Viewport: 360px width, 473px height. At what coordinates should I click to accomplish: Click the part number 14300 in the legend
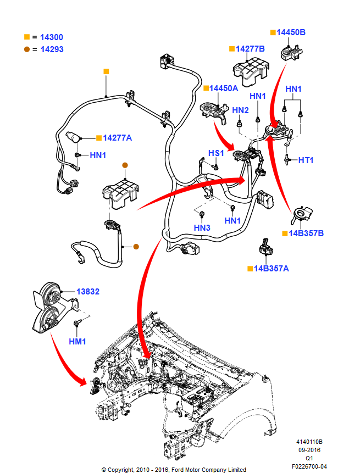[x=52, y=37]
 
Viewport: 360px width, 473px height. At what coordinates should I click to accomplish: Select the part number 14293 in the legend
[x=52, y=49]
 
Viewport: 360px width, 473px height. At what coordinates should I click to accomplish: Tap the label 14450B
[x=291, y=32]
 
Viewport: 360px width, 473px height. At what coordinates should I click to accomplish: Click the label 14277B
[x=250, y=49]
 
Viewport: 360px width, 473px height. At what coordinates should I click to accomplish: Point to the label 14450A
[x=224, y=88]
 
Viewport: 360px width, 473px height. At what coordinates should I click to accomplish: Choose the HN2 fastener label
[x=240, y=110]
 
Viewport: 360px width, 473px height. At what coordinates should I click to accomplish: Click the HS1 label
[x=216, y=153]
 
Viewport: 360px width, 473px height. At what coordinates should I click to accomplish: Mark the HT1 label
[x=306, y=160]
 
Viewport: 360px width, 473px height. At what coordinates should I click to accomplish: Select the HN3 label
[x=202, y=227]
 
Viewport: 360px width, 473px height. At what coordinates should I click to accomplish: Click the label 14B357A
[x=272, y=269]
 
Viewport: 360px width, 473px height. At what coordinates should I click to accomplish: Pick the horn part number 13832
[x=88, y=292]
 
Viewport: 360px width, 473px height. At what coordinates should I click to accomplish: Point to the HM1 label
[x=77, y=342]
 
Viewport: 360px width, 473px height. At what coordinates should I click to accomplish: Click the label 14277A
[x=117, y=138]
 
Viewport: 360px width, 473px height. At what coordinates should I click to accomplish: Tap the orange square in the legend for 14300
[x=27, y=37]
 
